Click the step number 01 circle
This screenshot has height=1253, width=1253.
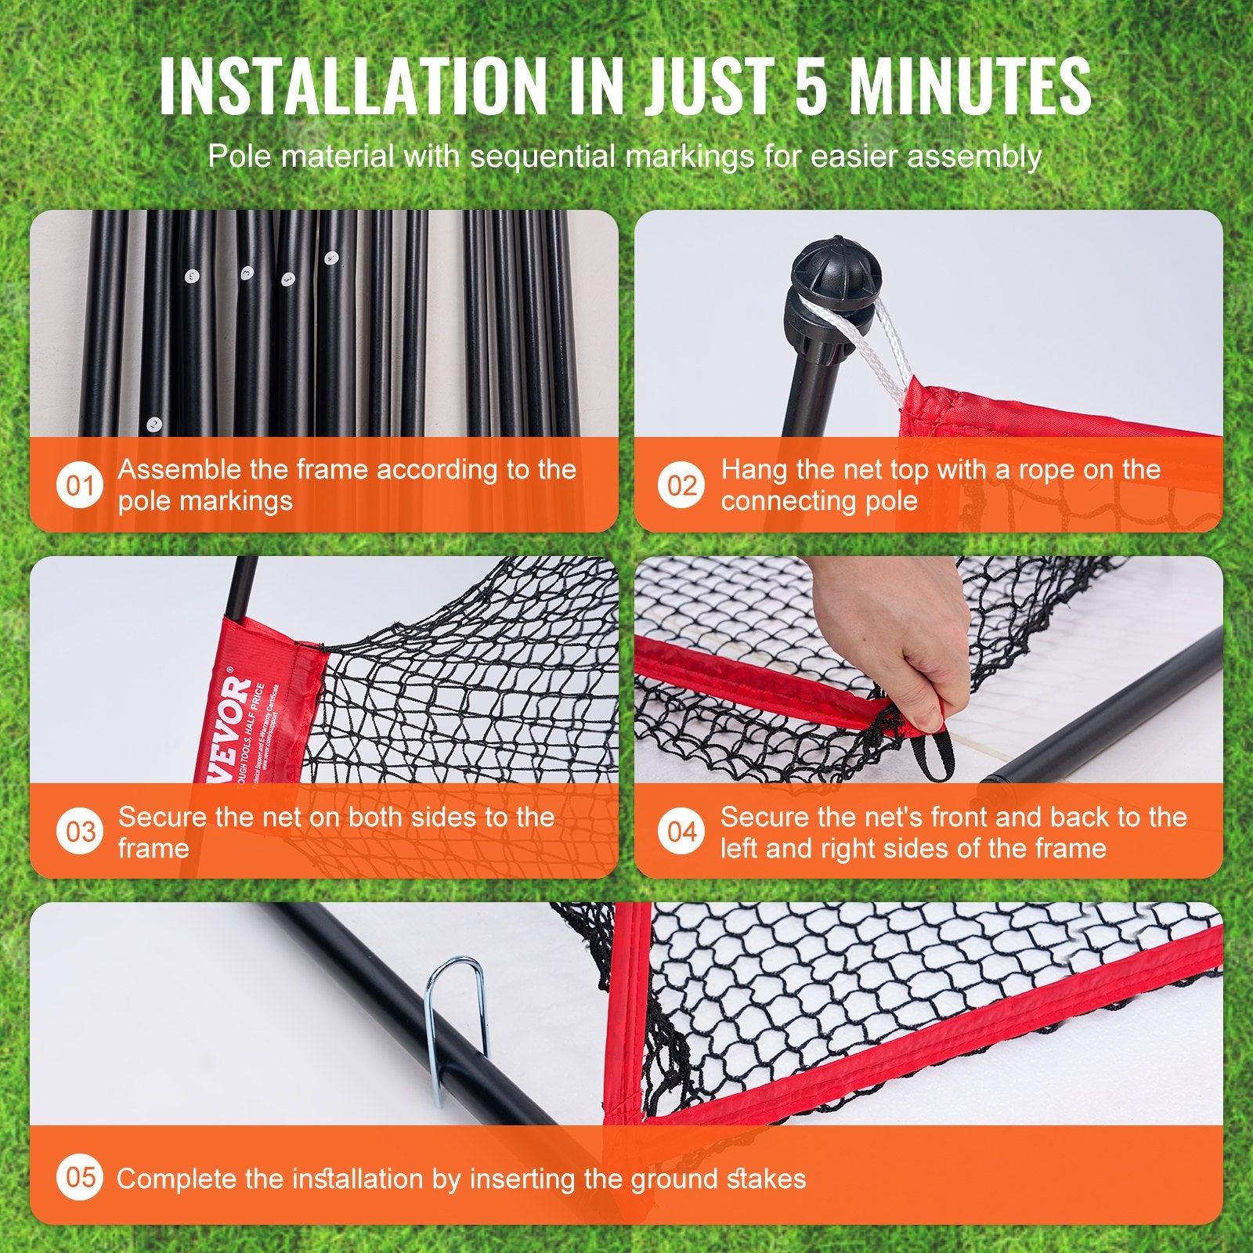tap(80, 486)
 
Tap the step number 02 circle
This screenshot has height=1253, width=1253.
tap(682, 486)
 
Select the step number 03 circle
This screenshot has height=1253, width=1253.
tap(80, 832)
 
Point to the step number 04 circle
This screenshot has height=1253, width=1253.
tap(682, 832)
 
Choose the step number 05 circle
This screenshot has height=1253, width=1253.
tap(80, 1177)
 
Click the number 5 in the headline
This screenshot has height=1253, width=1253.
tap(811, 86)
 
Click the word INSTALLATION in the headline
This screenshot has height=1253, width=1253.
tap(352, 86)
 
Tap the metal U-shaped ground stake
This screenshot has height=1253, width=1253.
tap(456, 1018)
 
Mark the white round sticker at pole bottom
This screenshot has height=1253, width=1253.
tap(154, 425)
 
